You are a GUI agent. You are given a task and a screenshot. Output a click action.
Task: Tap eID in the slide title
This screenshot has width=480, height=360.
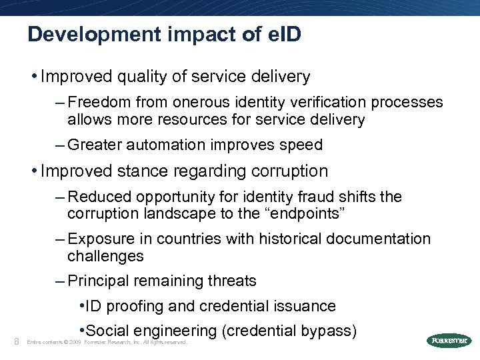click(284, 35)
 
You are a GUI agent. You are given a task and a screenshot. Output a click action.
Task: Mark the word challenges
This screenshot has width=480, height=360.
click(105, 256)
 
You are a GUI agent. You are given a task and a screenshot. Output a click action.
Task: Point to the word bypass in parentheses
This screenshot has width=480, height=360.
click(328, 331)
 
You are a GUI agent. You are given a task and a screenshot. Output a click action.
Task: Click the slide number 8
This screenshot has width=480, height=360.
click(16, 341)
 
